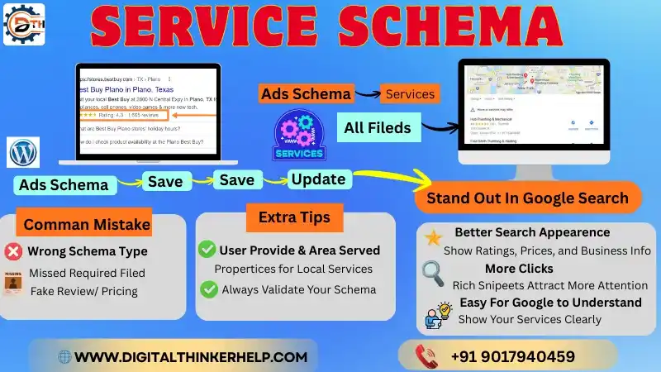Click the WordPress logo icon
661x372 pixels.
(23, 153)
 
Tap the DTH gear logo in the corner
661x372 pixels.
(24, 23)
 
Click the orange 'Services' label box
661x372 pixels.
(410, 93)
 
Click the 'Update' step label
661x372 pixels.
(318, 179)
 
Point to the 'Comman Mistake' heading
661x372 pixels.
(87, 224)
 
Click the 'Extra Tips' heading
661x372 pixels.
(294, 218)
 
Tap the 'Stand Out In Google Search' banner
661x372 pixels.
(528, 198)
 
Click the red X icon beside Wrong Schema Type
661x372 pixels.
(13, 251)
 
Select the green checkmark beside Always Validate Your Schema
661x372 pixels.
(208, 289)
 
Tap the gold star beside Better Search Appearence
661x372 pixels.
(433, 239)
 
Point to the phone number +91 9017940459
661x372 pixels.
(512, 357)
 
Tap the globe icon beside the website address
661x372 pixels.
(64, 357)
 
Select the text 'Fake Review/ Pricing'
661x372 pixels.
(83, 290)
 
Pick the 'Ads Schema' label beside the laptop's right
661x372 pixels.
(306, 93)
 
